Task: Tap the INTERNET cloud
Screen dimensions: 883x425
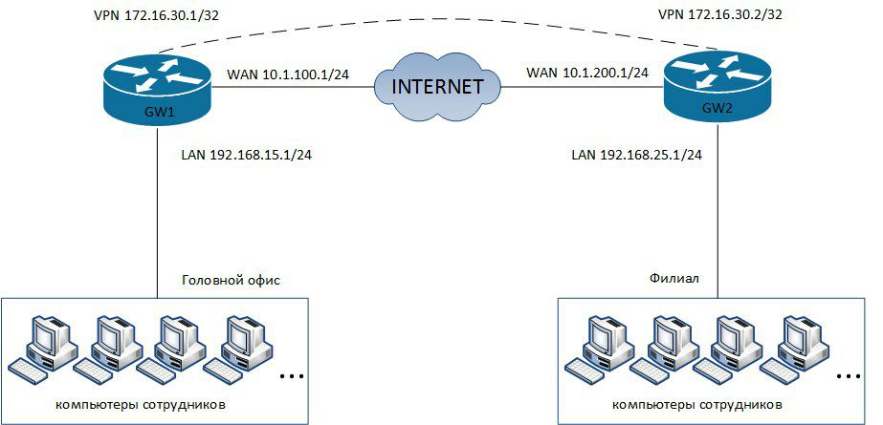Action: pos(437,87)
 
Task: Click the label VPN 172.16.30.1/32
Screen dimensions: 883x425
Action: pos(156,15)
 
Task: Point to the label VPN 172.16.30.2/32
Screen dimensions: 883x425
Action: pos(719,14)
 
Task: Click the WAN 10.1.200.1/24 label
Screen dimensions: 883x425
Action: pos(587,73)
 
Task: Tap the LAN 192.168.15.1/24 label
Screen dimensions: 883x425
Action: pos(246,155)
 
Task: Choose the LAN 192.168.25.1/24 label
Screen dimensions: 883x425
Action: pos(636,155)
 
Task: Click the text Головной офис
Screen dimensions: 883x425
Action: pos(231,281)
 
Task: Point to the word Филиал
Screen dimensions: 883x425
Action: pos(674,278)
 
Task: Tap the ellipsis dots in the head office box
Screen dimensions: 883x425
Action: pos(292,375)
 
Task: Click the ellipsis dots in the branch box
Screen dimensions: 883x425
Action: pos(849,375)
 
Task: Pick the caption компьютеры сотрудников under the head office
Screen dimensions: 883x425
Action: pos(142,404)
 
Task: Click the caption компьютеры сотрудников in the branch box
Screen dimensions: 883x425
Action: pos(696,405)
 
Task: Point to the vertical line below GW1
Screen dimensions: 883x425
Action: pos(158,211)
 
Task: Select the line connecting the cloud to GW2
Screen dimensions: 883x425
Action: pos(582,87)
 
